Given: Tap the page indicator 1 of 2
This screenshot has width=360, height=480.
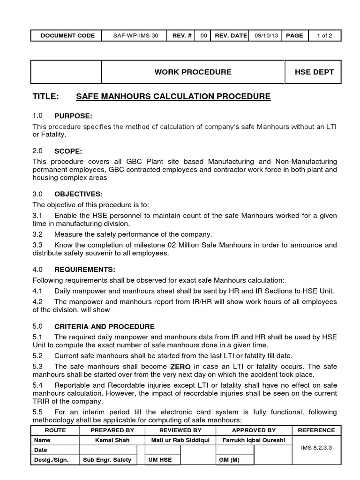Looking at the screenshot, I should pos(324,36).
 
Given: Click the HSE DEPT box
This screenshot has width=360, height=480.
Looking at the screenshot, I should pos(314,72).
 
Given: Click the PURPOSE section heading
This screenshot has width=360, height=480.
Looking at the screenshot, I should pos(73,116).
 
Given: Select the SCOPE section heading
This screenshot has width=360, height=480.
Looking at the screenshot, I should pos(68,151).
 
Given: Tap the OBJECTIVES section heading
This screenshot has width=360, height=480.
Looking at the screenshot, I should pos(78,194).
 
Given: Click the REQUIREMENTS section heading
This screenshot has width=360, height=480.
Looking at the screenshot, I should pos(84,270).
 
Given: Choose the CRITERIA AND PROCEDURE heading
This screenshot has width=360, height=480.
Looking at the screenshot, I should pos(104,327).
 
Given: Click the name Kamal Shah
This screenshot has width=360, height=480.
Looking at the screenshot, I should pos(112,440).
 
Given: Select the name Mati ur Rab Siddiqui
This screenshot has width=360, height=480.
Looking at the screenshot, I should pos(180,440).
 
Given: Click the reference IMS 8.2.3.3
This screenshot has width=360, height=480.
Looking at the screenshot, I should pos(316,448).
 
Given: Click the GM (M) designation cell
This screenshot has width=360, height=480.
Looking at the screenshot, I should pos(229,460).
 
